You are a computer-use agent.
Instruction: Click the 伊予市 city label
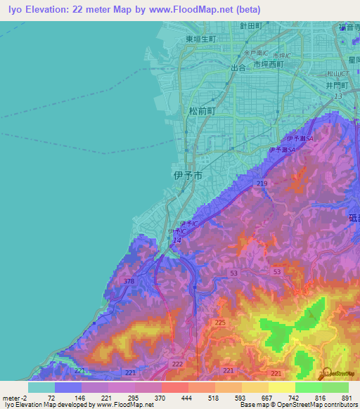click(x=188, y=176)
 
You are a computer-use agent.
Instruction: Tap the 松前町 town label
click(x=202, y=111)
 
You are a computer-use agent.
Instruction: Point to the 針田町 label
click(x=250, y=25)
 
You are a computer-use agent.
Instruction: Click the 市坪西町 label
click(x=268, y=64)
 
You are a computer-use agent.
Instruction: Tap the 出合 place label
click(x=238, y=68)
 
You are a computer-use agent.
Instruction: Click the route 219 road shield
click(x=262, y=183)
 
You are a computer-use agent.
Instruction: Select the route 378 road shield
click(x=129, y=281)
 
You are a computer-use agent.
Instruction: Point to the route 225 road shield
click(x=220, y=322)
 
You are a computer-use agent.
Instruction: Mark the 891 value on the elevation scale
click(x=345, y=398)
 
